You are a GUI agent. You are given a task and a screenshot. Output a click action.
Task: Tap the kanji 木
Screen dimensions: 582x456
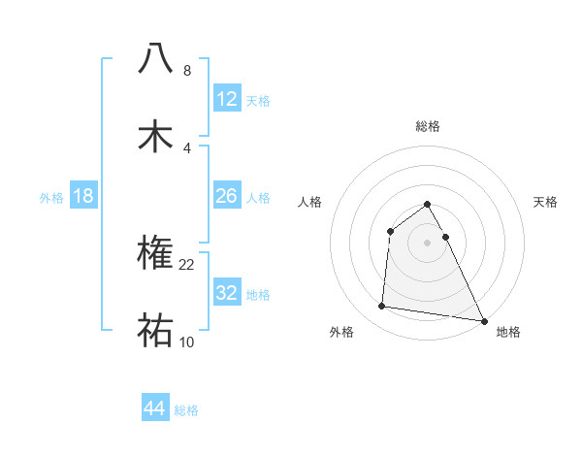156,136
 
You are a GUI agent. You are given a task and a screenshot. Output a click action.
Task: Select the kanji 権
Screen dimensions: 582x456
156,253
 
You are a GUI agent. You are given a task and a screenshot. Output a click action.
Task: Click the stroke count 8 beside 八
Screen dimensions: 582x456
187,70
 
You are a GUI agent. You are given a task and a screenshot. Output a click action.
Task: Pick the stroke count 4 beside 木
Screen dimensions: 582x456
187,147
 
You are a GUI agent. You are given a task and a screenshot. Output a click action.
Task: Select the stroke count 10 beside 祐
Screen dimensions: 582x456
187,342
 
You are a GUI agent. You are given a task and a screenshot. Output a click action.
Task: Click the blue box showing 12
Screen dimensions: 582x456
227,98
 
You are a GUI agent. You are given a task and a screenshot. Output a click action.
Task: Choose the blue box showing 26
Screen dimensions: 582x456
227,196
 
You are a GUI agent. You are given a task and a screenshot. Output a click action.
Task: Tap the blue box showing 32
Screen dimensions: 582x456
227,292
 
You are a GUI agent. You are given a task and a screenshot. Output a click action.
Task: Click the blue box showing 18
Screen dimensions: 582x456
83,196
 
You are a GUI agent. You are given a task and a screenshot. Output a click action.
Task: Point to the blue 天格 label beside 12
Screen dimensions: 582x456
258,100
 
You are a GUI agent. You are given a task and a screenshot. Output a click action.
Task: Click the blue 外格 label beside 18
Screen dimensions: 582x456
51,198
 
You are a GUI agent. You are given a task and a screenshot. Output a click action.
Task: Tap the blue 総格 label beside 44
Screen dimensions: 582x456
186,410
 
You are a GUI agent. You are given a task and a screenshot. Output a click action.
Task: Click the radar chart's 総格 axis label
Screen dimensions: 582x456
428,126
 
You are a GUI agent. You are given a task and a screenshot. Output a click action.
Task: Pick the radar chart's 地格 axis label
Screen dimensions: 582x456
508,332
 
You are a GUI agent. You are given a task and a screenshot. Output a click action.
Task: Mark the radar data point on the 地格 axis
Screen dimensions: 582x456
484,319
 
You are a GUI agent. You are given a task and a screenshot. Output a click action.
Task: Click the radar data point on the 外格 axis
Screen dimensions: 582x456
382,307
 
